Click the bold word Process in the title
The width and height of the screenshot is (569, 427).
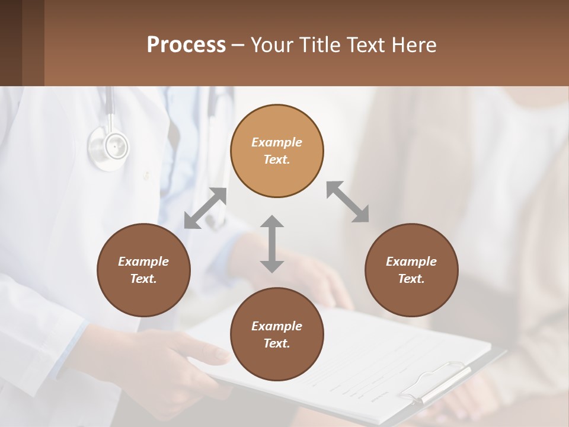186,45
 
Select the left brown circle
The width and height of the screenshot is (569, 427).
143,270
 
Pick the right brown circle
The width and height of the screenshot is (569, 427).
411,270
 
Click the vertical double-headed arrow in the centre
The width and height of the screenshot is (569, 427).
272,244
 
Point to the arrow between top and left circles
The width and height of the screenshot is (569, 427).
206,208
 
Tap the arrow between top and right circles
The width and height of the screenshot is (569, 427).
348,202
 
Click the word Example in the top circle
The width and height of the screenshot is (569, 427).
277,142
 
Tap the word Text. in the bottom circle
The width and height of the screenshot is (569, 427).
277,343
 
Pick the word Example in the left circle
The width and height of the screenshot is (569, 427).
143,262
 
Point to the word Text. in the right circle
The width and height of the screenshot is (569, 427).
411,279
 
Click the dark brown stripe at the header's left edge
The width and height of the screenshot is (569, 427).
11,43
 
